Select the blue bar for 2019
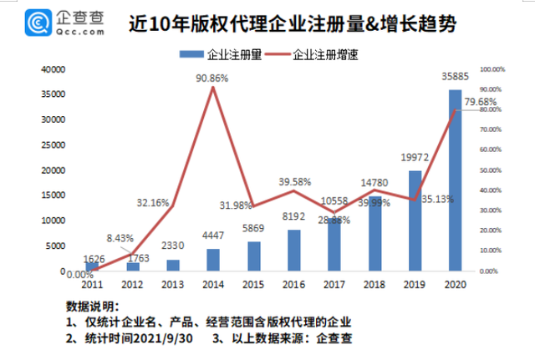[415, 221]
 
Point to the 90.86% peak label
[212, 78]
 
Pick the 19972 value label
[414, 160]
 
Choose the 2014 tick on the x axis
[213, 284]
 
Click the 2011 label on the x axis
[92, 284]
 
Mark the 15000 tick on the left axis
[52, 195]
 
